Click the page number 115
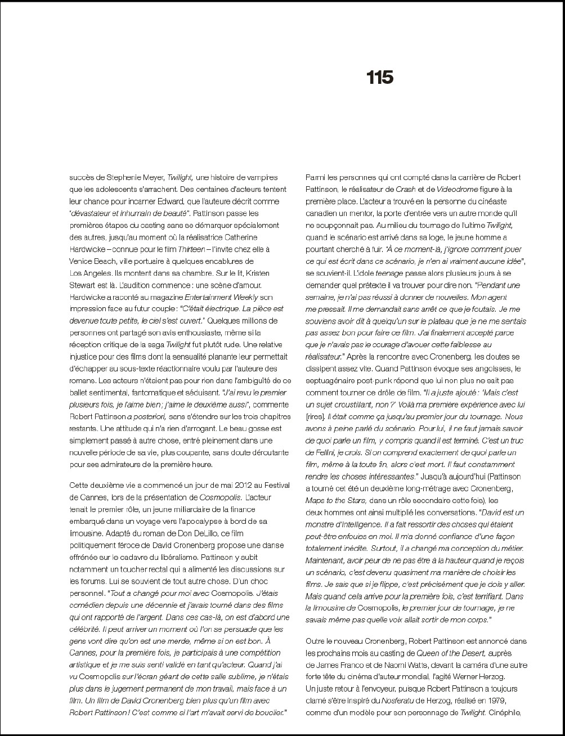tap(380, 77)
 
